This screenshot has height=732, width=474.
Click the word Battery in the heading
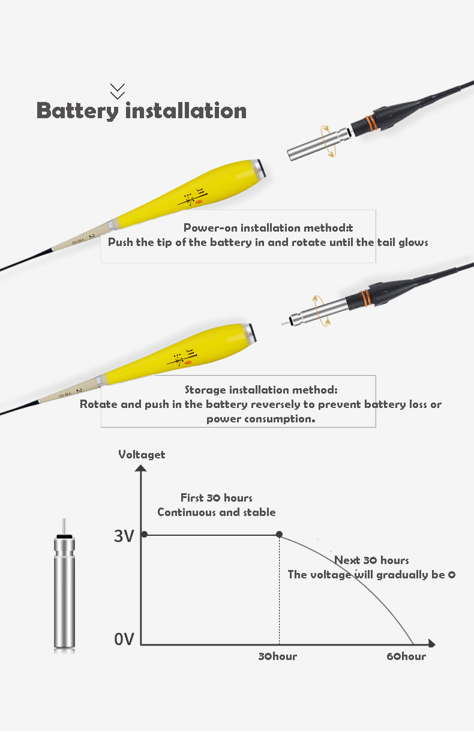(77, 111)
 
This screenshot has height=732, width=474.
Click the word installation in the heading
(185, 110)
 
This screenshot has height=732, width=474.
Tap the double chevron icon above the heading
(118, 91)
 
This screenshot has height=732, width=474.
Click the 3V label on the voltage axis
(124, 536)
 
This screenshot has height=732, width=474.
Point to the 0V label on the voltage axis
(124, 639)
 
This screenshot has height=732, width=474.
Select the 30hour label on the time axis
(278, 656)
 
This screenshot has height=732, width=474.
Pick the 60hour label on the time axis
(406, 656)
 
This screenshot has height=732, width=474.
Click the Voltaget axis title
(142, 455)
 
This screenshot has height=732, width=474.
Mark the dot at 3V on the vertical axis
(145, 534)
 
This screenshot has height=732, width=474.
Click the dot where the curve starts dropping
(279, 534)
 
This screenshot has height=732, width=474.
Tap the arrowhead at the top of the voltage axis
(141, 468)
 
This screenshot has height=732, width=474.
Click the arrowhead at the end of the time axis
(432, 643)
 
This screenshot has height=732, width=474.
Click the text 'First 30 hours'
(217, 497)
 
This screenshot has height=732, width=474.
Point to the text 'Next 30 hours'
(371, 560)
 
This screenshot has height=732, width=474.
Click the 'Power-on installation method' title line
(268, 228)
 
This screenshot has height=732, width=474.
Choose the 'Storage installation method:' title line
(261, 389)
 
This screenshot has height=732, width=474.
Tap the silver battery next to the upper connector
(318, 144)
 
